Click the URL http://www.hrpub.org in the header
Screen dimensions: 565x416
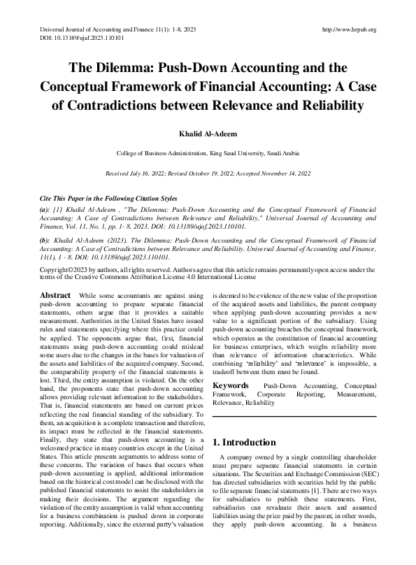(x=347, y=29)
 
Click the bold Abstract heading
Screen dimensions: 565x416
(x=55, y=296)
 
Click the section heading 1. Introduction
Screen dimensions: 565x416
(x=244, y=442)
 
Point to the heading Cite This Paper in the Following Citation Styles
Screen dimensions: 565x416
(x=108, y=199)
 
